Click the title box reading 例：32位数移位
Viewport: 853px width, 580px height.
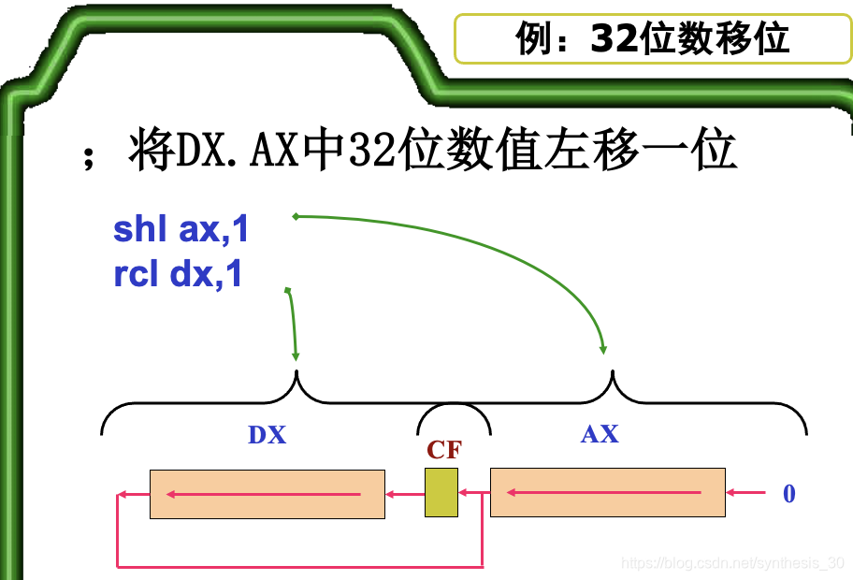click(652, 39)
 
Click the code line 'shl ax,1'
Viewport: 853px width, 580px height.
click(181, 230)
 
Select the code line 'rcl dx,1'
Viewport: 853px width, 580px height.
click(178, 275)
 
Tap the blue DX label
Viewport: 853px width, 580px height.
click(267, 435)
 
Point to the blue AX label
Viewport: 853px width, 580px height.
click(600, 434)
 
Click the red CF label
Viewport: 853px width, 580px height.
click(444, 450)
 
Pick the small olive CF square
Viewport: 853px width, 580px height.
click(441, 493)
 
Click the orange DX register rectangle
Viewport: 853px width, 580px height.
click(267, 494)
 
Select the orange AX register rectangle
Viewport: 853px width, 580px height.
click(608, 493)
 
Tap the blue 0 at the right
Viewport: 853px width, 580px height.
click(788, 494)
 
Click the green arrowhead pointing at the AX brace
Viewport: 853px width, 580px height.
click(603, 350)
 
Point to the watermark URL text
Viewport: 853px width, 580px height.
click(733, 563)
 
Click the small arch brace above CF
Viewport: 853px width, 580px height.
click(454, 412)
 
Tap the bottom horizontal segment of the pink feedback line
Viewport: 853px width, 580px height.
click(299, 566)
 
